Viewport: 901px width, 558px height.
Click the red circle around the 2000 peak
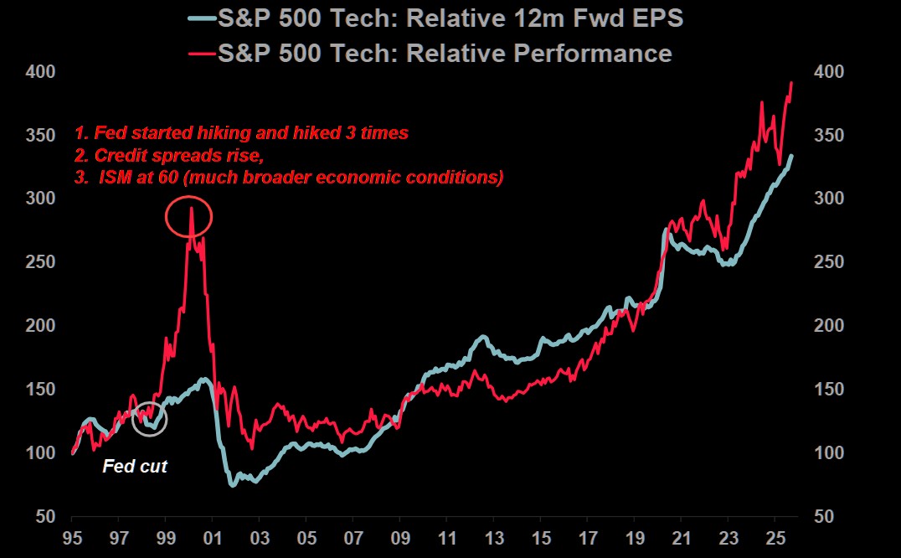coord(188,218)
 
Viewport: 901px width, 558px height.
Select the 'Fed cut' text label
coord(135,467)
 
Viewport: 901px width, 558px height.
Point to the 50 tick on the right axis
coord(824,517)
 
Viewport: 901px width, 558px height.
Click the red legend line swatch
coord(201,54)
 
